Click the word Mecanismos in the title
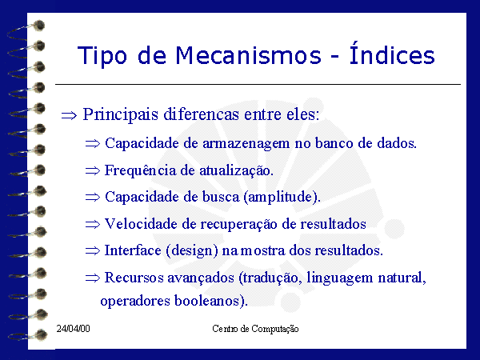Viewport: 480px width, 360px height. coord(248,55)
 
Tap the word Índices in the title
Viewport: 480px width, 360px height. coord(392,53)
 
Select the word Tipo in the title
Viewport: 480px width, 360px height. coord(102,56)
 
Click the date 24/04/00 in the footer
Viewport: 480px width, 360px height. coord(73,329)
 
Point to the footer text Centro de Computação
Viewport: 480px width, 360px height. coord(255,329)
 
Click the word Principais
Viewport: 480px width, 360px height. coord(121,114)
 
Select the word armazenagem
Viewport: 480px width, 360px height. coord(246,144)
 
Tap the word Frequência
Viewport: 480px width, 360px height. coord(141,171)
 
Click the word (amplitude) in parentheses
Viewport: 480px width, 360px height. coord(282,197)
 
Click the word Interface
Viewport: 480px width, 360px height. coord(133,250)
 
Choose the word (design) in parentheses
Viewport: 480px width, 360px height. coord(192,251)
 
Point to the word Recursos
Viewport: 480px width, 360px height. coord(134,278)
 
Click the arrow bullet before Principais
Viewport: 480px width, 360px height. coord(69,116)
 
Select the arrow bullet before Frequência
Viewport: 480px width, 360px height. coord(93,171)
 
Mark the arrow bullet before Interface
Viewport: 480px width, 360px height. coord(93,250)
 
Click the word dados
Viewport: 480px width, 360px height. coord(397,143)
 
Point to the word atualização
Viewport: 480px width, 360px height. coord(236,171)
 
